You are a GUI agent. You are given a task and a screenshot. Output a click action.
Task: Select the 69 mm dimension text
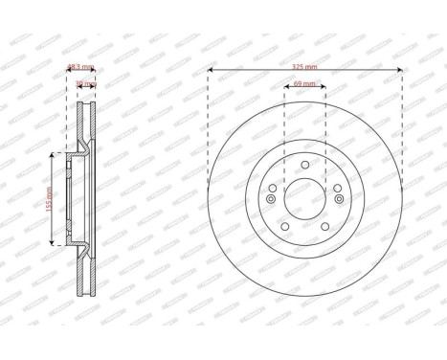304,85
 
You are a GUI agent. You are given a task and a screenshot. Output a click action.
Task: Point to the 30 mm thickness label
85,84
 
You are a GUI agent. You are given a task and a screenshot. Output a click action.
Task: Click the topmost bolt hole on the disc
304,165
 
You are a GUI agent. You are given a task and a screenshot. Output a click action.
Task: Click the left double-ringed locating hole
271,199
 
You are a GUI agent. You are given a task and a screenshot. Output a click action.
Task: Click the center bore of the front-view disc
304,199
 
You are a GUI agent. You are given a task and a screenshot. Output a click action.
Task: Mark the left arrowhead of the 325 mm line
210,71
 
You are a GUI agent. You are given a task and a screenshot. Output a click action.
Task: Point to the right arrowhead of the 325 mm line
400,71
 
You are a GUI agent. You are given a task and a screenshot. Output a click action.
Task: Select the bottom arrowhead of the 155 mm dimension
52,245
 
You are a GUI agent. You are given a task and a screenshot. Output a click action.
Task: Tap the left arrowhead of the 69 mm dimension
285,89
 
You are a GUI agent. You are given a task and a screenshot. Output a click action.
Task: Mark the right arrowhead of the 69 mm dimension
324,89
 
